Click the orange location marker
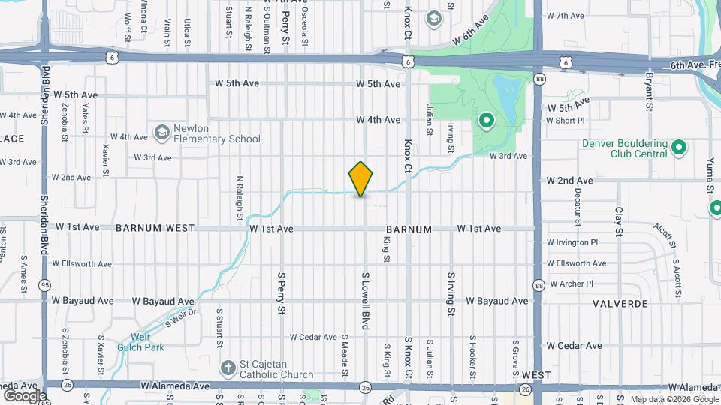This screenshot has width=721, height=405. pos(360,178)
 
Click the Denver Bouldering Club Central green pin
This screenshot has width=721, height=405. pos(678,147)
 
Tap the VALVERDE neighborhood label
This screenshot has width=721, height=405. pos(620,303)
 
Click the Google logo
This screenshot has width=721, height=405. pos(24,395)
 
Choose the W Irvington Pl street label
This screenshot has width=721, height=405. pos(572,242)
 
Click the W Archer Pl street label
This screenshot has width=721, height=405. pos(572,283)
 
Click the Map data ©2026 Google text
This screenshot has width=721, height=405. pos(674,399)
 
